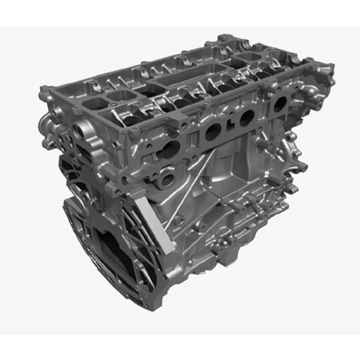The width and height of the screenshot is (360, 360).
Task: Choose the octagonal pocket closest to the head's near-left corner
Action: point(93,102)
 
